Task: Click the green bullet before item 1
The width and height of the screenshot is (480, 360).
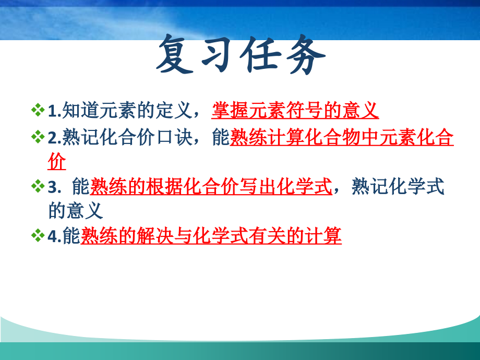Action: pos(38,111)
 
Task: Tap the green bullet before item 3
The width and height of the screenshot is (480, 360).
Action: pos(38,186)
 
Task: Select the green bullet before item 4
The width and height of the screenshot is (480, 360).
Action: pos(38,236)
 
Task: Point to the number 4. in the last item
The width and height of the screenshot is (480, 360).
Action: pos(54,237)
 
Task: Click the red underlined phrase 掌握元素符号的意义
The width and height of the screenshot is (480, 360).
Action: pos(295,111)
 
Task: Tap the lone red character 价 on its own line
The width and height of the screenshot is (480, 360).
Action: pos(57,162)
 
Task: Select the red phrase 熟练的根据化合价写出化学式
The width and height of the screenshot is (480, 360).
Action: pos(211,186)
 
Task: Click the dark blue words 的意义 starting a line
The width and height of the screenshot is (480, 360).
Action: pos(76,211)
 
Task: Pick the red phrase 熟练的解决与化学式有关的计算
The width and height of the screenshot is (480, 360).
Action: pos(211,236)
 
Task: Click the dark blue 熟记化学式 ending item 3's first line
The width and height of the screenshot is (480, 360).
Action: pos(398,186)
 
